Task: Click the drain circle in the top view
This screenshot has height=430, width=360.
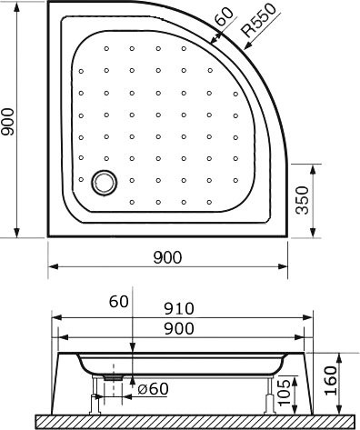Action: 105,181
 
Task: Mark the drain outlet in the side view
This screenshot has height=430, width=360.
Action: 114,373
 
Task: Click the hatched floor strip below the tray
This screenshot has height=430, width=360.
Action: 182,420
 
